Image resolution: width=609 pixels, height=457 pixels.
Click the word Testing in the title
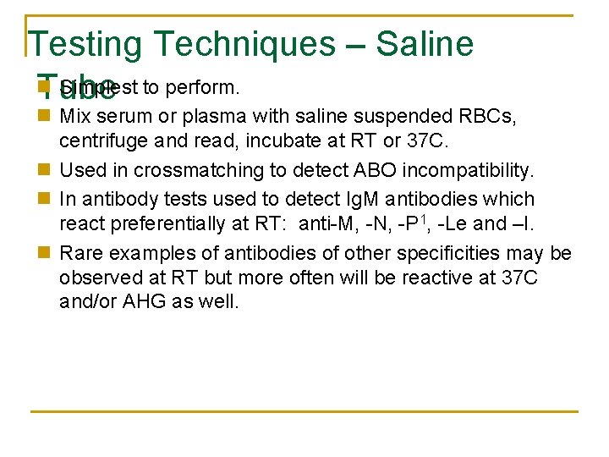click(86, 44)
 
